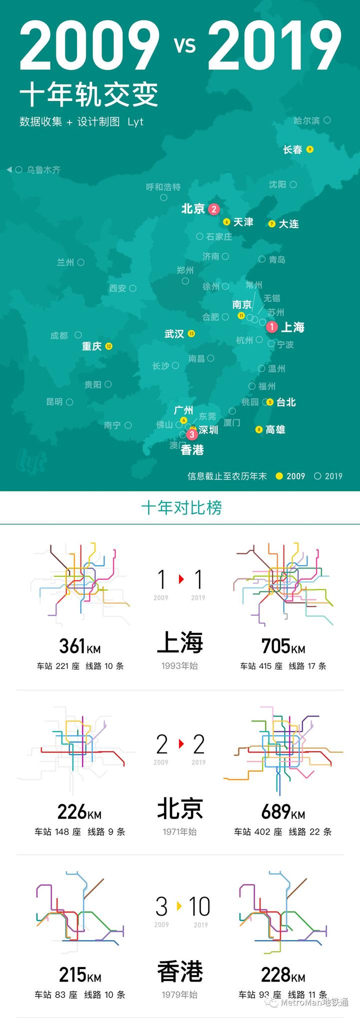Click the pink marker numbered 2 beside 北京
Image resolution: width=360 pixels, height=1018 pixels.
[x=214, y=209]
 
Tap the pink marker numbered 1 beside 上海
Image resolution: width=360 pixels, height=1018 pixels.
[x=271, y=327]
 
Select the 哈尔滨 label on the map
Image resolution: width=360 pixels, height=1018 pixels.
[x=306, y=120]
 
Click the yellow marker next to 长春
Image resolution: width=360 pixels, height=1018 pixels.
[x=310, y=149]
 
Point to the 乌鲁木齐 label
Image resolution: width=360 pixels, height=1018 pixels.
[x=43, y=170]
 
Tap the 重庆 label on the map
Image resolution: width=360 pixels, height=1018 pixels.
[x=92, y=346]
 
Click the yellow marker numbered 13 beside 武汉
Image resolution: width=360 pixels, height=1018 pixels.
[x=191, y=333]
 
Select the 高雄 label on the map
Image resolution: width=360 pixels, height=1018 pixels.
[x=275, y=429]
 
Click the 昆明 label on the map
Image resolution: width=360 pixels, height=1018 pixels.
[x=54, y=401]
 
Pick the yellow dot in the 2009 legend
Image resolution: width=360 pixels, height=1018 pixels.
[x=279, y=476]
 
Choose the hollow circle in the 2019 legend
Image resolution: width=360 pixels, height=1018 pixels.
[x=317, y=476]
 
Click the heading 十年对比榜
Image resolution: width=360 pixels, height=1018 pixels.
[x=181, y=507]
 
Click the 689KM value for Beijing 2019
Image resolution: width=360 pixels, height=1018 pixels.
[x=283, y=811]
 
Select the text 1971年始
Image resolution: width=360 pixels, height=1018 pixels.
[x=179, y=831]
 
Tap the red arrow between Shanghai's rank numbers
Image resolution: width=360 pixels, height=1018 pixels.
[x=181, y=579]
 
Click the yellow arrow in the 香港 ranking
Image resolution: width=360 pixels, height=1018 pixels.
[x=179, y=905]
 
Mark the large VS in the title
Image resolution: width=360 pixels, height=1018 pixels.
[x=185, y=46]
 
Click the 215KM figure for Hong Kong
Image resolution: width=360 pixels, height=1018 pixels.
[x=80, y=974]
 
